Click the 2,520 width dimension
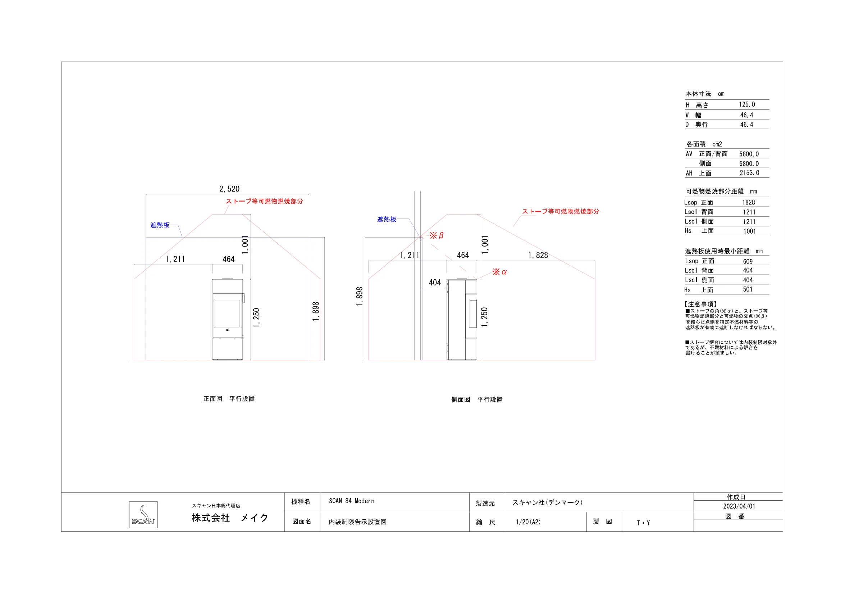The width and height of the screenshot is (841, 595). click(229, 189)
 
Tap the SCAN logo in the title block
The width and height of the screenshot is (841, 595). click(143, 515)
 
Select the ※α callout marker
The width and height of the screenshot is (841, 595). click(500, 272)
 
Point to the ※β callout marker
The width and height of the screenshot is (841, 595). click(437, 235)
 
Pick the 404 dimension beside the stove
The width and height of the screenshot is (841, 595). click(435, 282)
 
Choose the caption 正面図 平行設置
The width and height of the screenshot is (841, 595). click(229, 398)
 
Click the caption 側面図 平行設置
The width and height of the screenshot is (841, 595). click(477, 399)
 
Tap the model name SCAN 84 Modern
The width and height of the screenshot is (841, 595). click(352, 501)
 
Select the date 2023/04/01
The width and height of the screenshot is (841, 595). click(739, 506)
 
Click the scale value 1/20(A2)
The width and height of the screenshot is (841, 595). click(528, 522)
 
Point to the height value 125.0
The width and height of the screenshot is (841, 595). click(747, 104)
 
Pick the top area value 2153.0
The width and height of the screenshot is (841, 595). click(749, 173)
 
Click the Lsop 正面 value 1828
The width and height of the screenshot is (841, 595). click(749, 202)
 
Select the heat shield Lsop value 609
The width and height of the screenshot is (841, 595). click(748, 261)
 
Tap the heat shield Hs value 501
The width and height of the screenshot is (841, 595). click(748, 289)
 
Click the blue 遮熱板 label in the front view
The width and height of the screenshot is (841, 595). click(160, 225)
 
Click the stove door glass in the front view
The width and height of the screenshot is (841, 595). click(227, 313)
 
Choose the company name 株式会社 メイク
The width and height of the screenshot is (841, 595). click(230, 518)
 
